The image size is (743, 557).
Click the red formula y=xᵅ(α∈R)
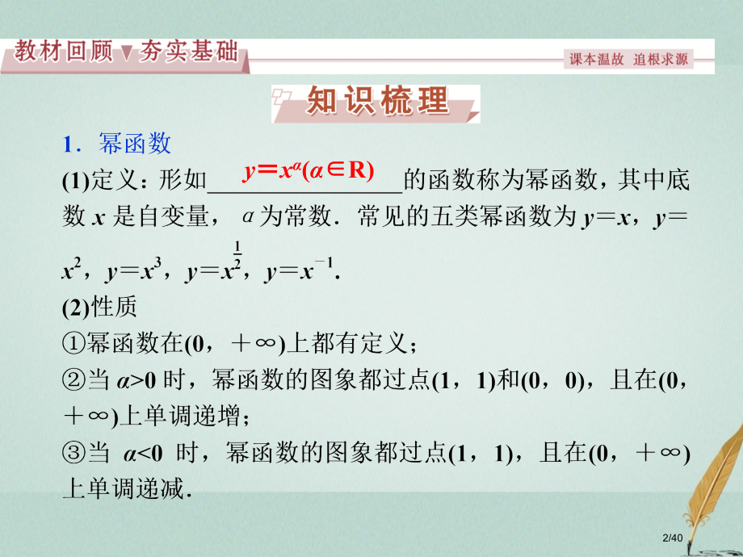(x=308, y=171)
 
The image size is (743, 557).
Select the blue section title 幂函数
(x=134, y=144)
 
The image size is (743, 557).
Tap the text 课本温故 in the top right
(x=598, y=60)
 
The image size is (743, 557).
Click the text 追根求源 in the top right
(x=661, y=60)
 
